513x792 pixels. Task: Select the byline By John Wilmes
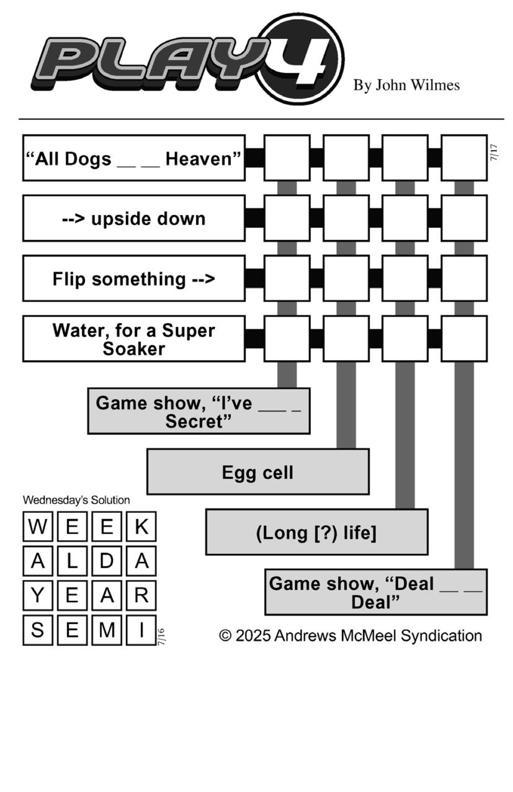tap(406, 85)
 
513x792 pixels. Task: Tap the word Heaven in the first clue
tap(203, 159)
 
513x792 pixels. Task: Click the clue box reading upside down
tap(134, 218)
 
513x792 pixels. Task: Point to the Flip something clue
tap(134, 278)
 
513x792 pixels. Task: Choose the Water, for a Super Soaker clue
tap(134, 339)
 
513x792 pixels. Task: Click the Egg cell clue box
tap(258, 471)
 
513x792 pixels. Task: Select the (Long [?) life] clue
tap(317, 532)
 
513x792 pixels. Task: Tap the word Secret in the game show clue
tap(199, 422)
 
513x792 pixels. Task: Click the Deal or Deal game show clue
tap(376, 592)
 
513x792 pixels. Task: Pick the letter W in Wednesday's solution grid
tap(37, 527)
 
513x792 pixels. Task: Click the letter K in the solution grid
tap(141, 527)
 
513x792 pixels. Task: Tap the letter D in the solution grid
tap(107, 561)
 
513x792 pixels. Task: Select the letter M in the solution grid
tap(107, 630)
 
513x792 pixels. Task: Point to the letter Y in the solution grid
tap(37, 595)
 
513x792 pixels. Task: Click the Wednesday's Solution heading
tap(76, 500)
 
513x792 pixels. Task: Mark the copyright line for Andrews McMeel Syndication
tap(350, 636)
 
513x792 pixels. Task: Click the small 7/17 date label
tap(494, 153)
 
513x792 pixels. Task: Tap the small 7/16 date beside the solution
tap(161, 637)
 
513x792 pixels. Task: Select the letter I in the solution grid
tap(141, 630)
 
